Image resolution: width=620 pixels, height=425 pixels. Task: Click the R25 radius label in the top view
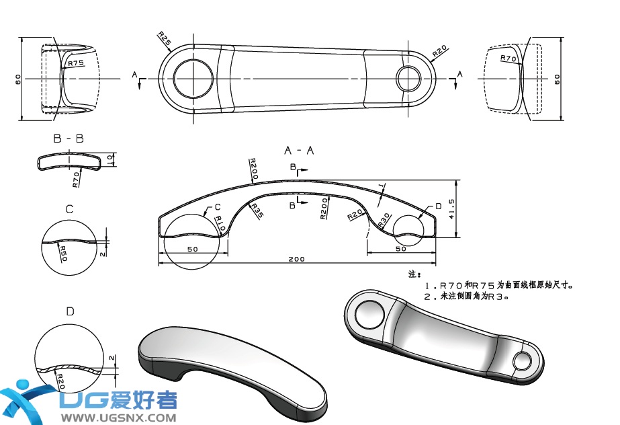(165, 38)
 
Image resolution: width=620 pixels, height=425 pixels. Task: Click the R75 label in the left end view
(76, 63)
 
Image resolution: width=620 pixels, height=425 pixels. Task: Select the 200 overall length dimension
(296, 259)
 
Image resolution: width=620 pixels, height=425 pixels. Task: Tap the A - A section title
(299, 150)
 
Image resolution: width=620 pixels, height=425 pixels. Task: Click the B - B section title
(69, 139)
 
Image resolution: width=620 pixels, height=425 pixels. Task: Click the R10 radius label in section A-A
(219, 224)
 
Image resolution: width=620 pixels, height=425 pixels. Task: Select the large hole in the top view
(194, 79)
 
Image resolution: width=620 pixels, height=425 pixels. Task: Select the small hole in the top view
(408, 79)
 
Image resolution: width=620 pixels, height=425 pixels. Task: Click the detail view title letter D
(70, 311)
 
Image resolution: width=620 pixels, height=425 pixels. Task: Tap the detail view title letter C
(69, 210)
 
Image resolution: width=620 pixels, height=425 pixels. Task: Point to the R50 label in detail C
(62, 254)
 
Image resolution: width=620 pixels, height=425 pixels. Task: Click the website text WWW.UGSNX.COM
(119, 418)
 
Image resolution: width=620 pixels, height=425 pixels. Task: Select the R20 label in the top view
(440, 51)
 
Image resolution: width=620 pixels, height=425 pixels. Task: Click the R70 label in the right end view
(508, 59)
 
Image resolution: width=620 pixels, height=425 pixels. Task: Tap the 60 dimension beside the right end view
(557, 79)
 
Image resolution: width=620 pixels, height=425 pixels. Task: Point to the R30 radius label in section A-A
(384, 220)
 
